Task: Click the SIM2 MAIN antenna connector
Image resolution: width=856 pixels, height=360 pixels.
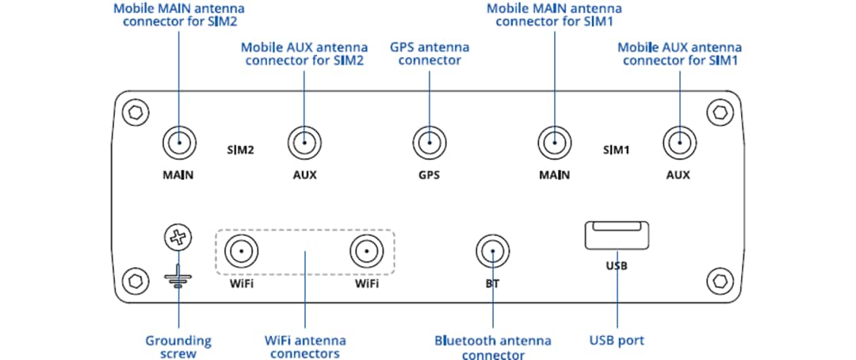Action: (179, 144)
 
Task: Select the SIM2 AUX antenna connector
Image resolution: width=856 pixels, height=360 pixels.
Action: (304, 144)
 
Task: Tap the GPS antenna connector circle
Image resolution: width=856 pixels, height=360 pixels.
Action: (429, 144)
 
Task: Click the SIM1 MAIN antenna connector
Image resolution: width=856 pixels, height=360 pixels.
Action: (554, 144)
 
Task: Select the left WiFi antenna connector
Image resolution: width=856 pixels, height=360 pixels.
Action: (241, 253)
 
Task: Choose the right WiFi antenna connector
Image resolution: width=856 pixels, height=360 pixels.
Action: (366, 253)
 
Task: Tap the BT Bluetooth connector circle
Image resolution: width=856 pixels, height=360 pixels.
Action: (491, 253)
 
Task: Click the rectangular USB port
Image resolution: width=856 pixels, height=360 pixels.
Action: (616, 236)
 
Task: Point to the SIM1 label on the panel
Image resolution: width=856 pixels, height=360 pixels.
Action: (616, 148)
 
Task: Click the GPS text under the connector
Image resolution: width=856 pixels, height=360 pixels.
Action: (429, 174)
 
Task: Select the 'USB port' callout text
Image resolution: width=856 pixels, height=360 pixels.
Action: (616, 341)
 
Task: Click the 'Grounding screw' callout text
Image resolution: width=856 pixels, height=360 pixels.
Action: (178, 347)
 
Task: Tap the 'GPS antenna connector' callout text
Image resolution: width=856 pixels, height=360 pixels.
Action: (429, 53)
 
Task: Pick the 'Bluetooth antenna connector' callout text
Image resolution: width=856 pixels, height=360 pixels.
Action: (492, 347)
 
